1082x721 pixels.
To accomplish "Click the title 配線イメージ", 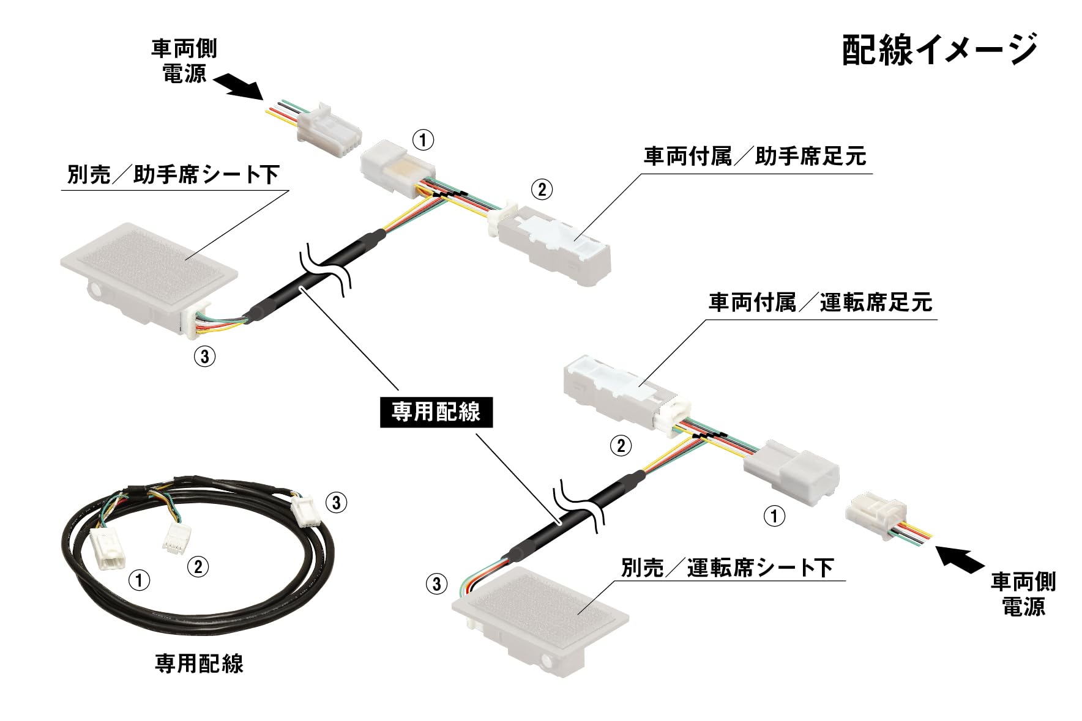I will click(939, 50).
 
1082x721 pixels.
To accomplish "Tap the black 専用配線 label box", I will click(436, 412).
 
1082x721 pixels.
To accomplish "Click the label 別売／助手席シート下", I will click(173, 176).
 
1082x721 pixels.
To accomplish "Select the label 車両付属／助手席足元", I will click(755, 157).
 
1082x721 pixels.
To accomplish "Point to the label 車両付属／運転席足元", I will click(820, 303).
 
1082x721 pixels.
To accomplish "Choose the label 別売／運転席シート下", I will click(727, 568).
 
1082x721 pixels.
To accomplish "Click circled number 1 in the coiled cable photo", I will click(140, 579).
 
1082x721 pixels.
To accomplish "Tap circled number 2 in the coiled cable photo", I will click(198, 566).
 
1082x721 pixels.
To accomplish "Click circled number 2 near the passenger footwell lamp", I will click(542, 190).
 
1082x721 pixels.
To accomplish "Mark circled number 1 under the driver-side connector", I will click(774, 516).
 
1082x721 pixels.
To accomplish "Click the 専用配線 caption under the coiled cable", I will click(200, 664).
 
